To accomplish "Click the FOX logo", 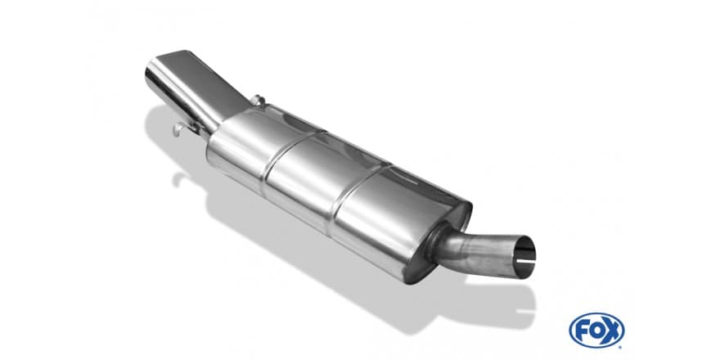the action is click(596, 331).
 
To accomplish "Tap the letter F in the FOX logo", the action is click(582, 331).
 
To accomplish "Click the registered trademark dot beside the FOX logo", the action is click(622, 346).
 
